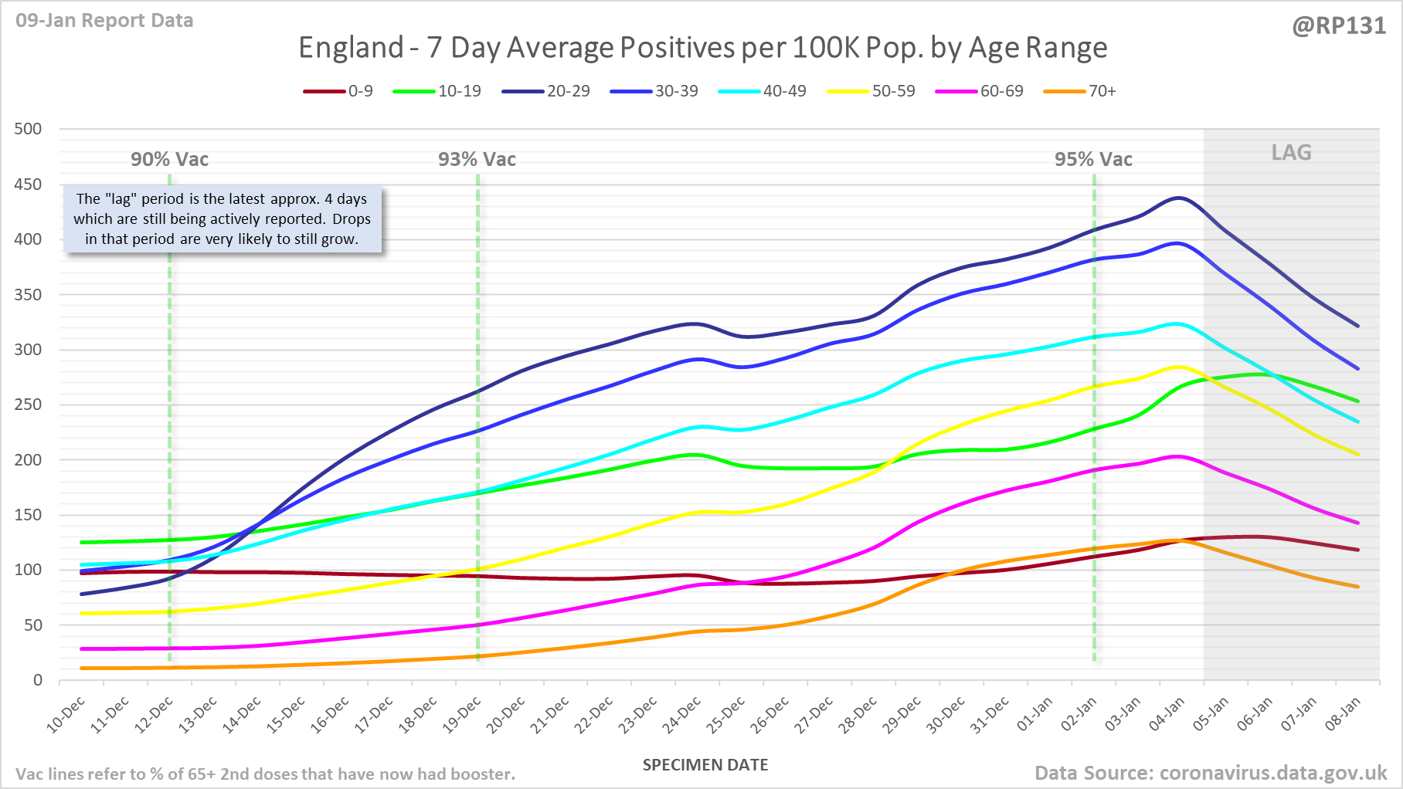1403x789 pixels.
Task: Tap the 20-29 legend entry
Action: coord(546,91)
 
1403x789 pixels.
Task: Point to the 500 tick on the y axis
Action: coord(29,129)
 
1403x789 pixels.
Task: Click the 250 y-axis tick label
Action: coord(29,405)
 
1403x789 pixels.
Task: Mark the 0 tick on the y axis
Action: coord(38,680)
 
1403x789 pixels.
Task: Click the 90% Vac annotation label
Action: coord(169,160)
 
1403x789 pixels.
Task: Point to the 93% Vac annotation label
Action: coord(477,160)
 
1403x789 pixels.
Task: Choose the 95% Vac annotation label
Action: coord(1093,160)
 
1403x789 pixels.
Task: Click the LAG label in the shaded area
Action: coord(1291,153)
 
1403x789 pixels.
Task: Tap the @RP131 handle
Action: coord(1339,26)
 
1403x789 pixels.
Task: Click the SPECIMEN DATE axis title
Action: coord(705,765)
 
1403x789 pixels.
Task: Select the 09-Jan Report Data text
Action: coord(104,21)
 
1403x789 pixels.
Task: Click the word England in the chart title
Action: coord(351,48)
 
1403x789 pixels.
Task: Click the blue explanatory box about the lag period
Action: coord(223,219)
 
